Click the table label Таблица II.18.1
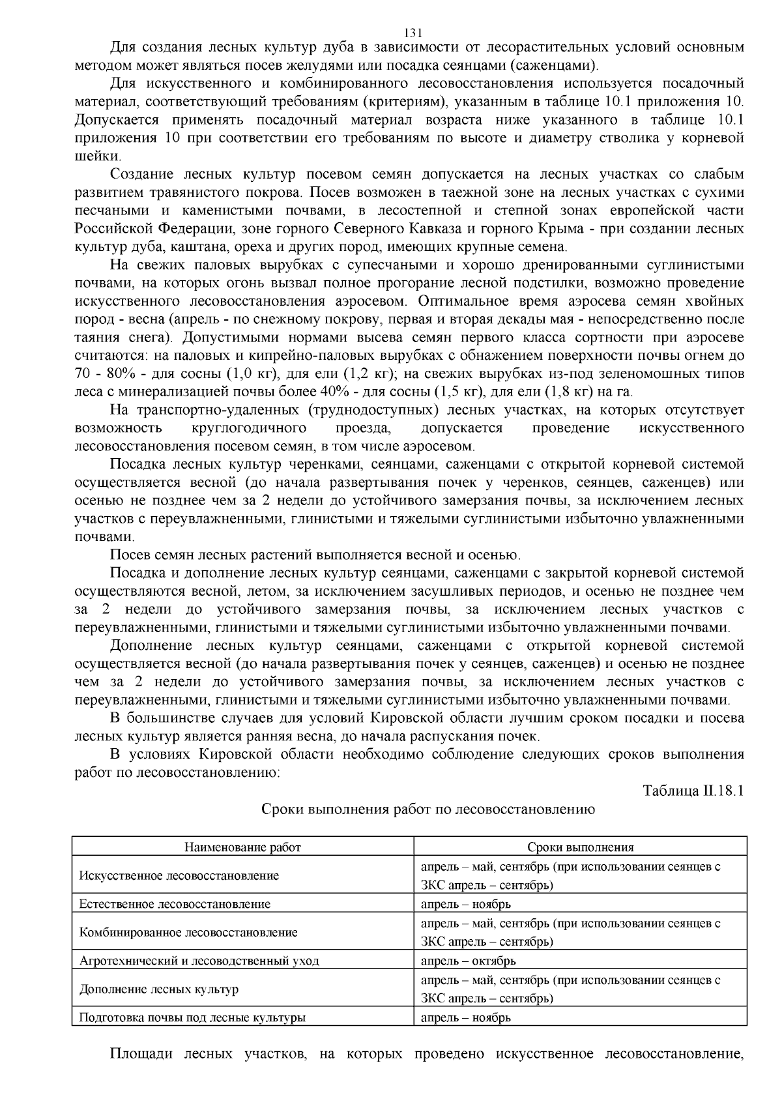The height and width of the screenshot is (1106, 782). (693, 791)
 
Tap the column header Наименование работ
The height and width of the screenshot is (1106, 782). (243, 847)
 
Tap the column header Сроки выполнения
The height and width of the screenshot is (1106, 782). (580, 847)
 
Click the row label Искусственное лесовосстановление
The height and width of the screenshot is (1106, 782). (179, 875)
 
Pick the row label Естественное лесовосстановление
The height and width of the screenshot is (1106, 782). (175, 904)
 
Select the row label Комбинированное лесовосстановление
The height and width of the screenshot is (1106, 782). (188, 932)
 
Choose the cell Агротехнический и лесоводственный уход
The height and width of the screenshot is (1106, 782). (199, 961)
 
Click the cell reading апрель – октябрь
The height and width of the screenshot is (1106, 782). (469, 961)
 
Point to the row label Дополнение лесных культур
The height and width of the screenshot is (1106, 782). (159, 989)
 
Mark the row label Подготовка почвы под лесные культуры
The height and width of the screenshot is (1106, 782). (192, 1017)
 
